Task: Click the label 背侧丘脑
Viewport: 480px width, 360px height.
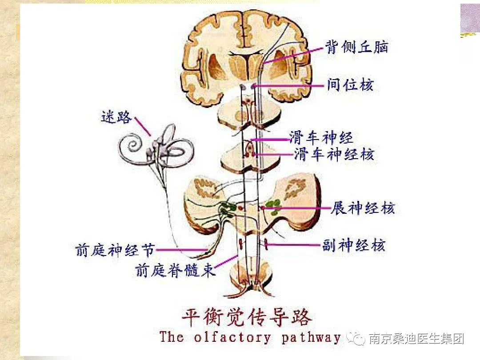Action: point(357,47)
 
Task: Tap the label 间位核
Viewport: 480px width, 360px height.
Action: point(350,84)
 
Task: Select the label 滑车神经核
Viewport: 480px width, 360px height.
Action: point(334,154)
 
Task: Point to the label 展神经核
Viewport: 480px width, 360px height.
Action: point(363,208)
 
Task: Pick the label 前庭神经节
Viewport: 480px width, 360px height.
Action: point(114,250)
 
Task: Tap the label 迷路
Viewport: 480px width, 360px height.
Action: point(116,118)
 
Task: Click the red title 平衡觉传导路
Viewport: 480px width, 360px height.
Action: point(247,318)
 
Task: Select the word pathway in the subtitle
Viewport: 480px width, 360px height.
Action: point(311,337)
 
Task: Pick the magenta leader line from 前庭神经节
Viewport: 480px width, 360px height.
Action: point(180,250)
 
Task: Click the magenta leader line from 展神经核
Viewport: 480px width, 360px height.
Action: point(298,208)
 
